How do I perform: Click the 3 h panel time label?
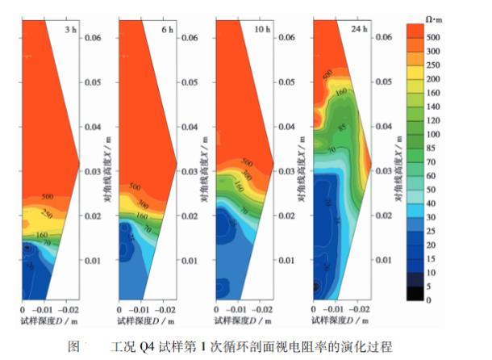click(72, 29)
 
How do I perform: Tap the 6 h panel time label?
click(168, 29)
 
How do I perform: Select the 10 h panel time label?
click(264, 29)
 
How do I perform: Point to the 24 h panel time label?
click(359, 29)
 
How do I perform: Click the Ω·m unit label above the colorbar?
click(434, 16)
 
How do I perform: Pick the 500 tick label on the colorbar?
click(433, 36)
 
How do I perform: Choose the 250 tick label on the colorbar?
click(433, 65)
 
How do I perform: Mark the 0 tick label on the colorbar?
click(428, 299)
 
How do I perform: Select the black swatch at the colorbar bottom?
click(414, 293)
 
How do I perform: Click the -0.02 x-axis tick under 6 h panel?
click(166, 310)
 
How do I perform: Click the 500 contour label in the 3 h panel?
click(46, 196)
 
